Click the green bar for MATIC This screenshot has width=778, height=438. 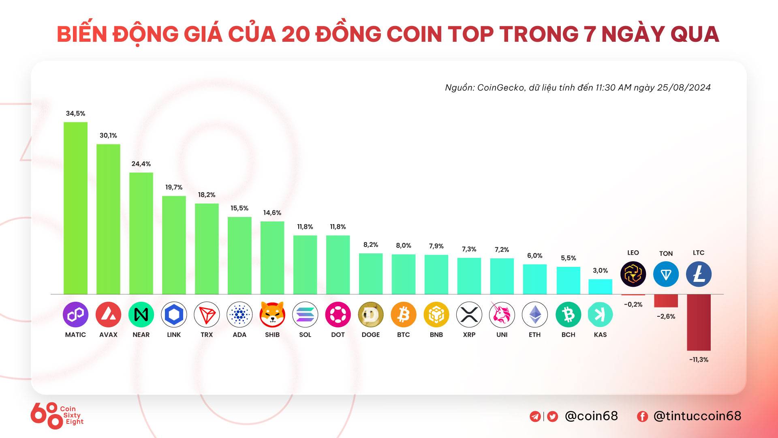(75, 208)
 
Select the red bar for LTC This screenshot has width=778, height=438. (699, 322)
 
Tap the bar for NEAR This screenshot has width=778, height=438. (141, 233)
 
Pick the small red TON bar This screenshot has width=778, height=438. (666, 301)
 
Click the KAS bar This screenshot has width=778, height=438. (600, 287)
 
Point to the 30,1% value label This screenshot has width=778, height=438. (108, 135)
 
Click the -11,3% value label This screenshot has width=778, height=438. (699, 360)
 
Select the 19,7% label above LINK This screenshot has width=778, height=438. (174, 187)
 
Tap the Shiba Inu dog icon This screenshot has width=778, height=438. (272, 314)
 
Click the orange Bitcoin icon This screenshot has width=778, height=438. (404, 314)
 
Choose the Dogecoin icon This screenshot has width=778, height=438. (371, 314)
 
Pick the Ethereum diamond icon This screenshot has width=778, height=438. (534, 314)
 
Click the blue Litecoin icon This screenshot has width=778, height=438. (699, 274)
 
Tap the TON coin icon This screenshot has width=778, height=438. (666, 274)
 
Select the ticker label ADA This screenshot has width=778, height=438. (239, 335)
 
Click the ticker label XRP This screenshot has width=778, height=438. (469, 335)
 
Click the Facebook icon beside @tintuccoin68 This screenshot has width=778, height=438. (642, 417)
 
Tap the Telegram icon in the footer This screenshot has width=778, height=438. (535, 417)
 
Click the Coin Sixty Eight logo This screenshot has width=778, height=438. (57, 416)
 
